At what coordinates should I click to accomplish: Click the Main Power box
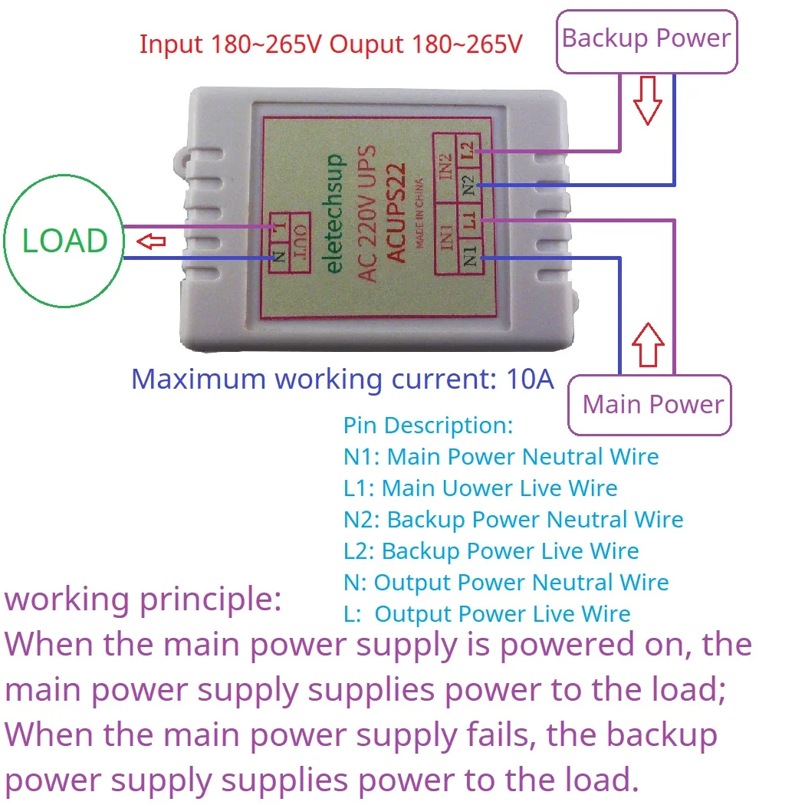[652, 405]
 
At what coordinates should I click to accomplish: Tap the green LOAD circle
[64, 241]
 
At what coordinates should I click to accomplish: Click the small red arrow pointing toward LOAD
[152, 242]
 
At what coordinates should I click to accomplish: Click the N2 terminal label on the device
[468, 184]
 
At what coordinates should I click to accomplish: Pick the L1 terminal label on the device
[469, 220]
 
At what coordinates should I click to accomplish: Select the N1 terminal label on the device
[469, 255]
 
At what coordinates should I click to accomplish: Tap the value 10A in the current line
[531, 379]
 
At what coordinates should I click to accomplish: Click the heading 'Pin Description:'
[428, 426]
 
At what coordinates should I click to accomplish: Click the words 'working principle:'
[143, 599]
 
